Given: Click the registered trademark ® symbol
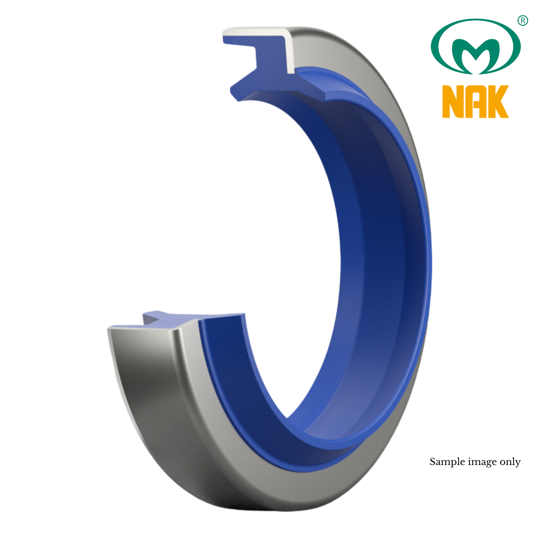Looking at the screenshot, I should coord(522,20).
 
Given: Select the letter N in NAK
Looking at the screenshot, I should coord(452,102).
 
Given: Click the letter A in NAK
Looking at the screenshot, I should coord(475,102).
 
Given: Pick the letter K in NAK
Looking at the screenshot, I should coord(498,102).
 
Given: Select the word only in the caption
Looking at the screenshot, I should coord(511,462).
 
